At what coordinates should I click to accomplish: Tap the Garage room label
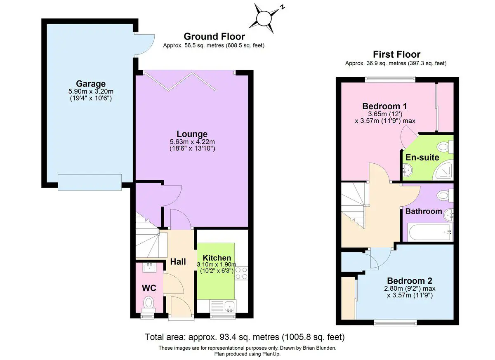click(x=91, y=84)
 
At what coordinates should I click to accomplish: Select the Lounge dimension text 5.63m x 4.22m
click(x=192, y=141)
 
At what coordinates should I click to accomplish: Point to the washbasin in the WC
click(x=150, y=268)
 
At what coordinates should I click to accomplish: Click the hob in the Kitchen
click(x=241, y=273)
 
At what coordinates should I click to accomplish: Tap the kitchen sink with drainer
click(x=223, y=306)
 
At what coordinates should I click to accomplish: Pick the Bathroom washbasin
click(x=448, y=215)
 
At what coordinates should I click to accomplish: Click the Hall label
click(x=178, y=262)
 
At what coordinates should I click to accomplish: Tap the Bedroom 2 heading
click(x=410, y=281)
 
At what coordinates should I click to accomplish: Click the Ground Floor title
click(x=214, y=36)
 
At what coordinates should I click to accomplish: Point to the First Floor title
click(x=397, y=54)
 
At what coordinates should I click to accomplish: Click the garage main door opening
click(x=90, y=182)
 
